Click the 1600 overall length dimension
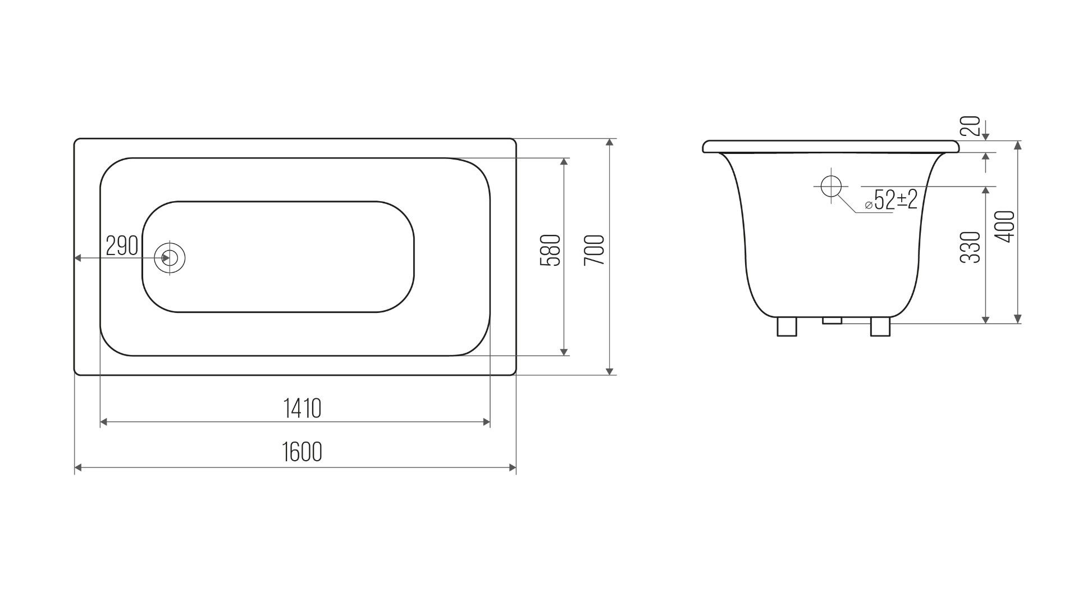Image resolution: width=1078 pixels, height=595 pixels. click(302, 452)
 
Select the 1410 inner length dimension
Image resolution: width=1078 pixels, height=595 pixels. click(302, 408)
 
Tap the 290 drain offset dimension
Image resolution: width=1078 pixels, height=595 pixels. click(122, 246)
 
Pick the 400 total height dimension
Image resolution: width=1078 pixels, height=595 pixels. click(1006, 226)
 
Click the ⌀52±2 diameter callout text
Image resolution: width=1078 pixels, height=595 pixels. click(892, 199)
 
